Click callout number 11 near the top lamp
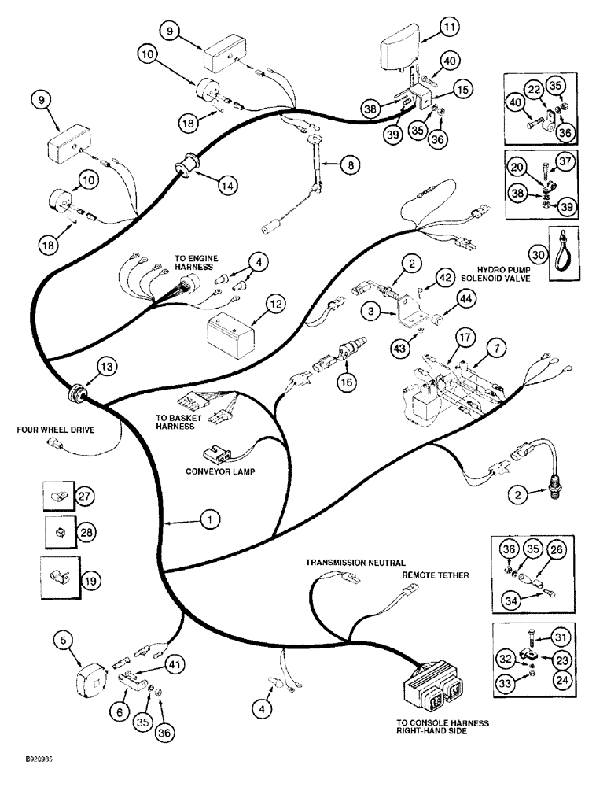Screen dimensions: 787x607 point(447,28)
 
